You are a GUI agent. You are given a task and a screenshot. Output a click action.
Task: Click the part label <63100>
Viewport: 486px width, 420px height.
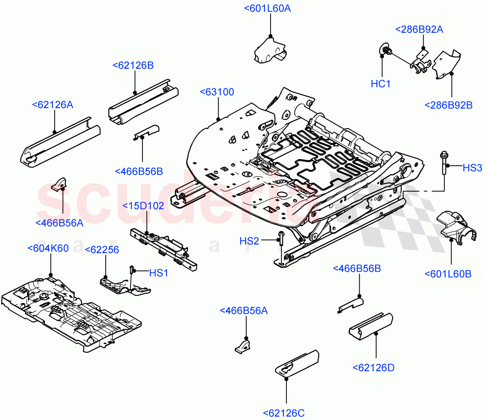click(x=217, y=92)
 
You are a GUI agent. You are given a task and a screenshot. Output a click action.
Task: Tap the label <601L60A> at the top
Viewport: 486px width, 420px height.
click(x=268, y=9)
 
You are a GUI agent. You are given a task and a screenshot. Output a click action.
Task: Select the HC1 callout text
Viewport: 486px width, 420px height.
click(x=381, y=84)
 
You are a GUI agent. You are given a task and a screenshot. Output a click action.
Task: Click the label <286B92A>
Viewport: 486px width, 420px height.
click(x=419, y=30)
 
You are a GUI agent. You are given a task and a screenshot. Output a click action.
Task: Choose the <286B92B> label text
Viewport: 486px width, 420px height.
click(x=448, y=105)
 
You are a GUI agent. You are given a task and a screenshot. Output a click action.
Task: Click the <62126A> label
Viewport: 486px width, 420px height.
click(x=53, y=105)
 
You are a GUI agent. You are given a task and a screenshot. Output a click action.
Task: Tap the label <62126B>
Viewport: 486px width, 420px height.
click(x=133, y=66)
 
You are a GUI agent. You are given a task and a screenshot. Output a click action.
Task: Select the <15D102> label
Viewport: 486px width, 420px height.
click(x=143, y=206)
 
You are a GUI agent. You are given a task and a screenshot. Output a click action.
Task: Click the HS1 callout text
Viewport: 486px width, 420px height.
click(x=159, y=273)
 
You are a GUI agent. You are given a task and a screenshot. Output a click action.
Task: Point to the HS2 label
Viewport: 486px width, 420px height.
click(x=249, y=241)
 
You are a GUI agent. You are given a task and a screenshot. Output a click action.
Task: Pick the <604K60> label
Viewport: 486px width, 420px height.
click(x=48, y=248)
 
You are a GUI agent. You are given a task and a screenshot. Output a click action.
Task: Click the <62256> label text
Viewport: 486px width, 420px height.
click(x=102, y=250)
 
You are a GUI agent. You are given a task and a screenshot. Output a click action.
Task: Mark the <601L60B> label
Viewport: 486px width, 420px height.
click(x=448, y=274)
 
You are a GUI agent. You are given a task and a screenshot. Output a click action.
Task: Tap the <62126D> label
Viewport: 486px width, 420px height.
click(x=373, y=368)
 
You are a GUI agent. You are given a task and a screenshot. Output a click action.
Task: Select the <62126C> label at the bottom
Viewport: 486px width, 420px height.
click(x=284, y=413)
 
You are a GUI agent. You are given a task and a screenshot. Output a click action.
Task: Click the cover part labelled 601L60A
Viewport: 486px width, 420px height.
click(x=269, y=51)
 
